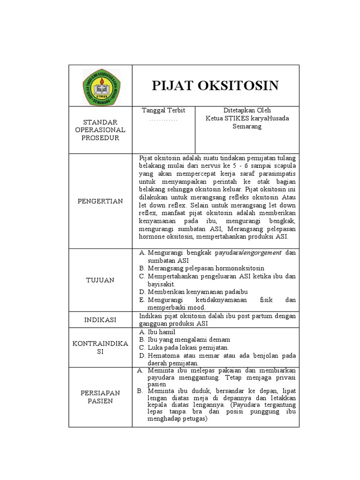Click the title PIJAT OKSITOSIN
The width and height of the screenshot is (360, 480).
pyautogui.click(x=215, y=85)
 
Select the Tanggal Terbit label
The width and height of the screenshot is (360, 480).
pyautogui.click(x=164, y=111)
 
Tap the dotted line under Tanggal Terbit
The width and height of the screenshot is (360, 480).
pyautogui.click(x=164, y=120)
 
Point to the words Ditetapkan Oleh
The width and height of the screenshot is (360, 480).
pyautogui.click(x=247, y=111)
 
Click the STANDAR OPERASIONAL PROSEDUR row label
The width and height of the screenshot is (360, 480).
pyautogui.click(x=100, y=130)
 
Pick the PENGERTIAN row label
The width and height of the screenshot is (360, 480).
pyautogui.click(x=100, y=201)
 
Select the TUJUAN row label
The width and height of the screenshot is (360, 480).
pyautogui.click(x=100, y=280)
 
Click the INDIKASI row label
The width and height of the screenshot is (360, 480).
pyautogui.click(x=100, y=320)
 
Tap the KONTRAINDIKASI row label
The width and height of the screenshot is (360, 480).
pyautogui.click(x=100, y=347)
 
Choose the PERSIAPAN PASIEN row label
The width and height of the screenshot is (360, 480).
pyautogui.click(x=100, y=397)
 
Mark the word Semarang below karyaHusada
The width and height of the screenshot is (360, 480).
pyautogui.click(x=247, y=127)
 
